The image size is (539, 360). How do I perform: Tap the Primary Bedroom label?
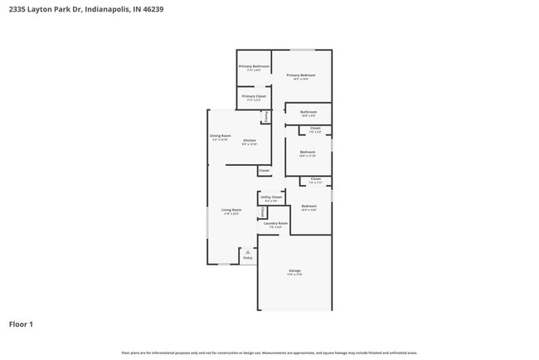point(301,75)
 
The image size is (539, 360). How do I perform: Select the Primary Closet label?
point(254,96)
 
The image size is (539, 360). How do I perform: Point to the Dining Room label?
point(220,135)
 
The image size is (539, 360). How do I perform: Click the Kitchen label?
point(250,141)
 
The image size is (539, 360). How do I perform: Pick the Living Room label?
point(231,210)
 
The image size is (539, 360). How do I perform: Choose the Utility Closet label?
point(271,197)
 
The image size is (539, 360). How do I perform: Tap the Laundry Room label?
point(275,223)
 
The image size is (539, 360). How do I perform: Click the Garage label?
point(294,270)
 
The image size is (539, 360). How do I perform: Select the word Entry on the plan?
point(248,258)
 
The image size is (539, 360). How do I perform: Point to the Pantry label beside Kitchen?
point(265,117)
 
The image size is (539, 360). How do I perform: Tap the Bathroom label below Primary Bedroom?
point(308,112)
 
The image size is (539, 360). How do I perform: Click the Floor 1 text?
point(21,324)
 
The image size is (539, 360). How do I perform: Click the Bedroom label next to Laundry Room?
point(308,206)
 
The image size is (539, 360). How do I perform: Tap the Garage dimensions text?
point(294,275)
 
